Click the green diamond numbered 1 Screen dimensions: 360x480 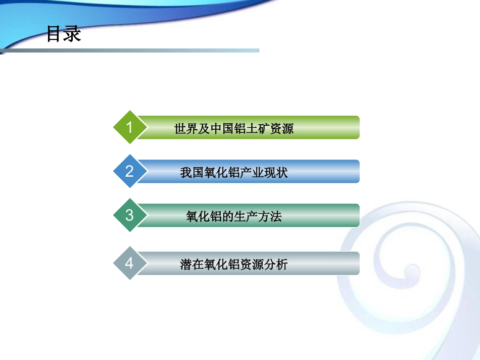[x=129, y=127]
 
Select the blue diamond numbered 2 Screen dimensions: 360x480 [x=129, y=171]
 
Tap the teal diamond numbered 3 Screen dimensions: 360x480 [x=129, y=215]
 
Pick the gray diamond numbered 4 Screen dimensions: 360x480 [x=129, y=263]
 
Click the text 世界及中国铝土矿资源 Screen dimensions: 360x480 [x=233, y=128]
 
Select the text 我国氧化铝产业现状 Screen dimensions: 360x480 [x=233, y=172]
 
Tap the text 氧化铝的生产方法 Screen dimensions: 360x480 [x=233, y=217]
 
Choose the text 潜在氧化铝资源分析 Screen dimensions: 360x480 [x=233, y=264]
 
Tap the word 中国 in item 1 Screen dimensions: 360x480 [x=221, y=128]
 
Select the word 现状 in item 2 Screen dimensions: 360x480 [x=276, y=172]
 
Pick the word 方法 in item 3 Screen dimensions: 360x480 [x=270, y=217]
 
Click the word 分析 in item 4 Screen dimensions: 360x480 [x=276, y=264]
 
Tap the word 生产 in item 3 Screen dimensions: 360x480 [x=246, y=217]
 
